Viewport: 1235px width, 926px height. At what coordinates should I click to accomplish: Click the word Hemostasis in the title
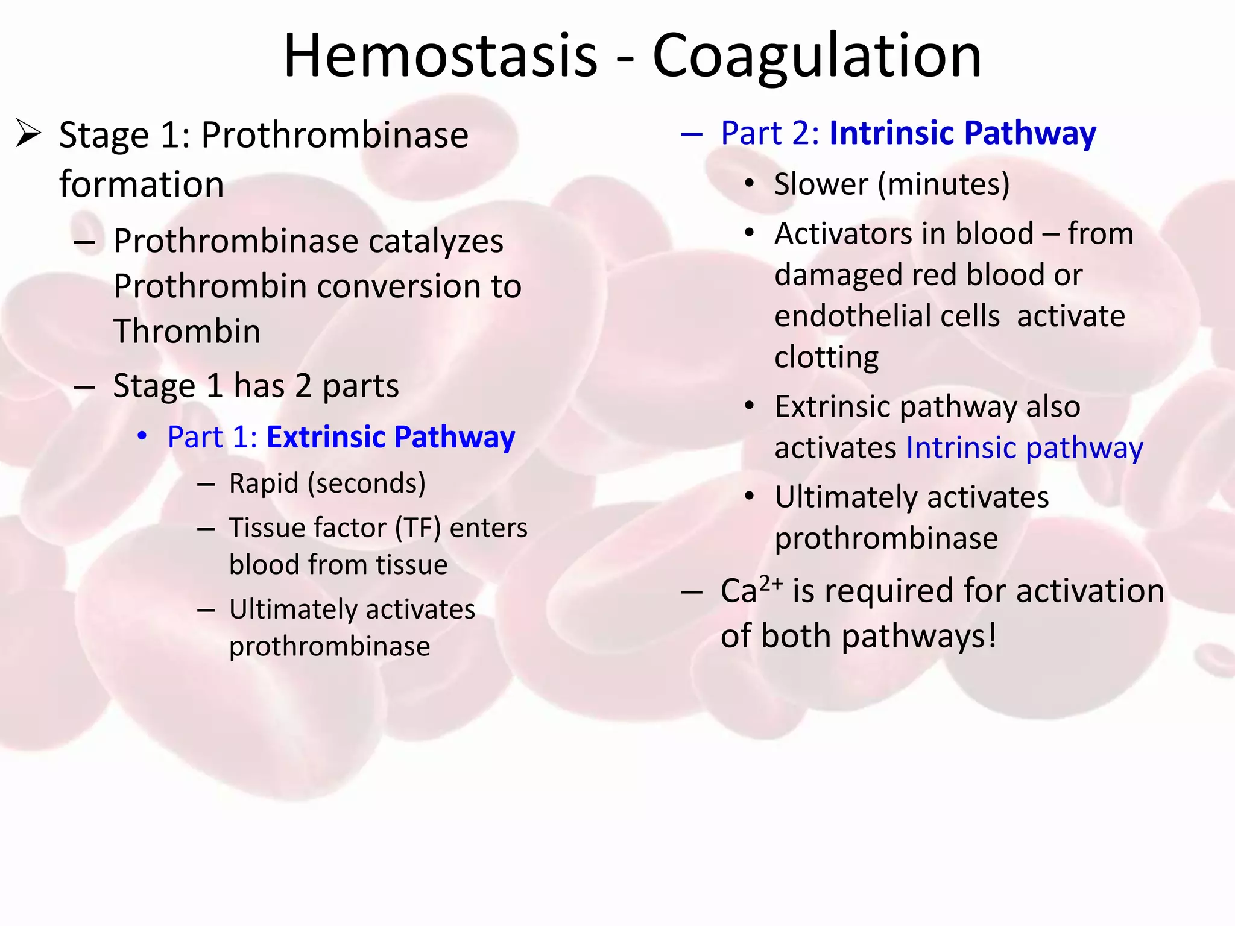click(440, 55)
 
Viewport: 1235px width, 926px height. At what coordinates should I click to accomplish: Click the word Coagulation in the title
click(817, 55)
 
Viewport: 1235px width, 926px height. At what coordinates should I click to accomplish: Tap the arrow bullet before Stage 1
click(28, 133)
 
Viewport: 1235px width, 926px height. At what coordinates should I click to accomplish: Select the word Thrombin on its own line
click(187, 331)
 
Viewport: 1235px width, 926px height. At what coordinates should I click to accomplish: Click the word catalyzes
click(435, 241)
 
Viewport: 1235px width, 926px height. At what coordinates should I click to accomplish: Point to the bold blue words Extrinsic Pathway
click(391, 437)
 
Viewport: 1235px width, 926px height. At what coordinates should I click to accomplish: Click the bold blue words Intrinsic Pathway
click(962, 133)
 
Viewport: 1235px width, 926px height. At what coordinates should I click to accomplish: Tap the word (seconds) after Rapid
click(367, 483)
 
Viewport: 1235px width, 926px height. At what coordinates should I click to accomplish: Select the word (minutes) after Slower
click(943, 184)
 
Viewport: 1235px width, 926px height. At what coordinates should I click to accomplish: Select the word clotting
click(826, 357)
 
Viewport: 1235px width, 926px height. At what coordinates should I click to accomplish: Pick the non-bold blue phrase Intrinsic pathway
click(1024, 448)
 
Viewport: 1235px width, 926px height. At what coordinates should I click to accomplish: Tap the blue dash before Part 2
click(692, 134)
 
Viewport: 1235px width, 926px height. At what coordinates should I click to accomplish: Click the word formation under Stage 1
click(141, 184)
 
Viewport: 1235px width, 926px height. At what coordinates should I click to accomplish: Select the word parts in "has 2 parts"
click(361, 386)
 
